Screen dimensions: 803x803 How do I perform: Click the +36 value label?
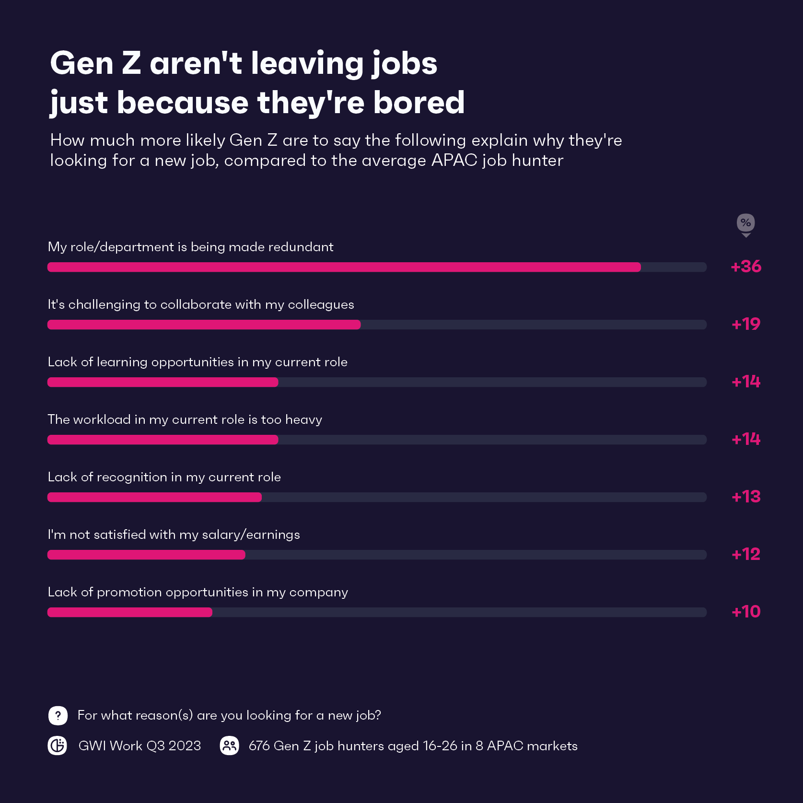click(x=745, y=267)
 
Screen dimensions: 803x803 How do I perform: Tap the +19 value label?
click(x=745, y=324)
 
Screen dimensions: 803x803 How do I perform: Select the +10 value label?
click(x=745, y=612)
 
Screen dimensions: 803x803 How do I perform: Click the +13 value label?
click(x=745, y=497)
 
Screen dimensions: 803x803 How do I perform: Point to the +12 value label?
click(x=745, y=554)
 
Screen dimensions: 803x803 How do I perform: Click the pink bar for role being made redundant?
click(x=344, y=267)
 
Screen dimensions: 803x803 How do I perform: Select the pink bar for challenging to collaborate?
click(x=204, y=325)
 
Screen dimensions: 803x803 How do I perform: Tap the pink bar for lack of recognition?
click(x=154, y=497)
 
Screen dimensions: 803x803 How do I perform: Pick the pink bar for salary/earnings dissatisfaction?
click(x=146, y=555)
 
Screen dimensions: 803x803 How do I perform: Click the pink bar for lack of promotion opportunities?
click(x=129, y=612)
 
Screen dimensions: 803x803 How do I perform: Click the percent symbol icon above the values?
click(x=745, y=223)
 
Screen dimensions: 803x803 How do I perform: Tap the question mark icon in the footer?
click(x=58, y=716)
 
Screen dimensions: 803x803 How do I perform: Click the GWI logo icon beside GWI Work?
click(x=58, y=745)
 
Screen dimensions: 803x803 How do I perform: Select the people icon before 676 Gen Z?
click(x=230, y=745)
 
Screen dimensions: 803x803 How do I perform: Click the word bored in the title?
click(x=419, y=102)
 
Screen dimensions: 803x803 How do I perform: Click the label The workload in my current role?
click(x=185, y=419)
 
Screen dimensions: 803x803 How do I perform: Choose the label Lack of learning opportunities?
click(x=198, y=362)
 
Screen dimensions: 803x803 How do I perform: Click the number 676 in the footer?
click(x=259, y=746)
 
